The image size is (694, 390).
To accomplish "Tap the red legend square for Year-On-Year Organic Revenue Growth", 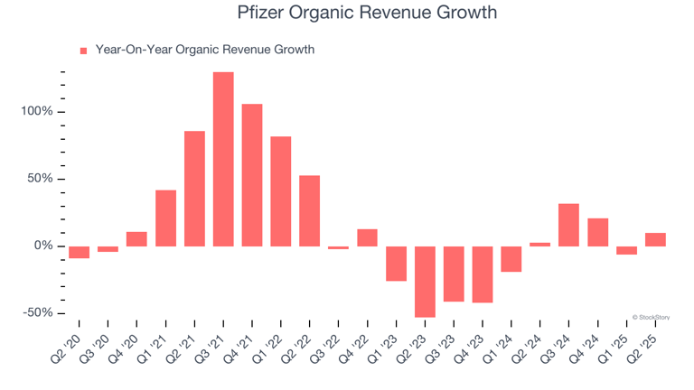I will point(84,51).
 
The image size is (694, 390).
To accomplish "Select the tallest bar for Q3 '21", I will point(223,159).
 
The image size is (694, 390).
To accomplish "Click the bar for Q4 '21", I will point(252,175).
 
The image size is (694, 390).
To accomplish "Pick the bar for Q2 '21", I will point(194,189).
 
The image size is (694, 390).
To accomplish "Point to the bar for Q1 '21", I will point(165,218).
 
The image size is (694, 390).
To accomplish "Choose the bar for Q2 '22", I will point(309,210).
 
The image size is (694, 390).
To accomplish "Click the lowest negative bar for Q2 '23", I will point(425,282).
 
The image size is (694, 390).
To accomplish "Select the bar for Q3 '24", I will point(568,225).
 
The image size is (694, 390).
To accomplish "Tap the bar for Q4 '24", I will point(597,232).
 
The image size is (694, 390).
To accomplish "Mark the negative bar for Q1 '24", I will point(511,259).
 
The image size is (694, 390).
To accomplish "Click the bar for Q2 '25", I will point(655,239).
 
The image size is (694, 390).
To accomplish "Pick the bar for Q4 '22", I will point(367,237).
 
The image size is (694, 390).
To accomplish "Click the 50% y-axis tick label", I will point(41,179).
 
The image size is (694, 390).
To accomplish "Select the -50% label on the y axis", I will point(38,313).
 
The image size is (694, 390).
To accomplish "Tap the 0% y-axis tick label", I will point(43,246).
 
